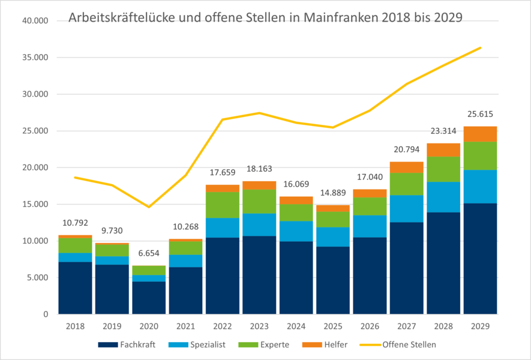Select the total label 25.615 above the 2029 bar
click(x=480, y=114)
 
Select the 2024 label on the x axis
click(x=296, y=327)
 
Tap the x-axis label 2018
click(x=75, y=327)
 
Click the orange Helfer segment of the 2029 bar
click(x=480, y=134)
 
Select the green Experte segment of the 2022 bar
click(x=223, y=205)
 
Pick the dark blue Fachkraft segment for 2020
click(x=149, y=298)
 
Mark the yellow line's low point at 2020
click(x=149, y=207)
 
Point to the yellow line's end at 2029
click(x=480, y=47)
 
